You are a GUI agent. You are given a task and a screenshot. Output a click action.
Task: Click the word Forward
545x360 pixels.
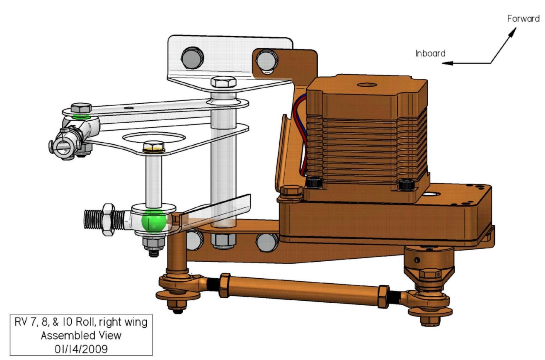(x=523, y=19)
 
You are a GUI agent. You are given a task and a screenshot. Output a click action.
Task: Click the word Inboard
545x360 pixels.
(x=430, y=53)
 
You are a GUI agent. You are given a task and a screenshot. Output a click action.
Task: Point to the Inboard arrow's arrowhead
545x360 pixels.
(x=444, y=63)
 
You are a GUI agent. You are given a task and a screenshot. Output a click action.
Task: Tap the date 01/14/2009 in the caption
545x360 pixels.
(x=79, y=348)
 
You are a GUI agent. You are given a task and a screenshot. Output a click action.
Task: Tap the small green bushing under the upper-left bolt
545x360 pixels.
(x=80, y=116)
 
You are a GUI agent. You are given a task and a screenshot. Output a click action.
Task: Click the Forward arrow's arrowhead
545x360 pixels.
(x=516, y=30)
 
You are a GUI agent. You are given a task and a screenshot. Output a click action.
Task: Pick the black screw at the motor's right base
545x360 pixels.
(x=405, y=184)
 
